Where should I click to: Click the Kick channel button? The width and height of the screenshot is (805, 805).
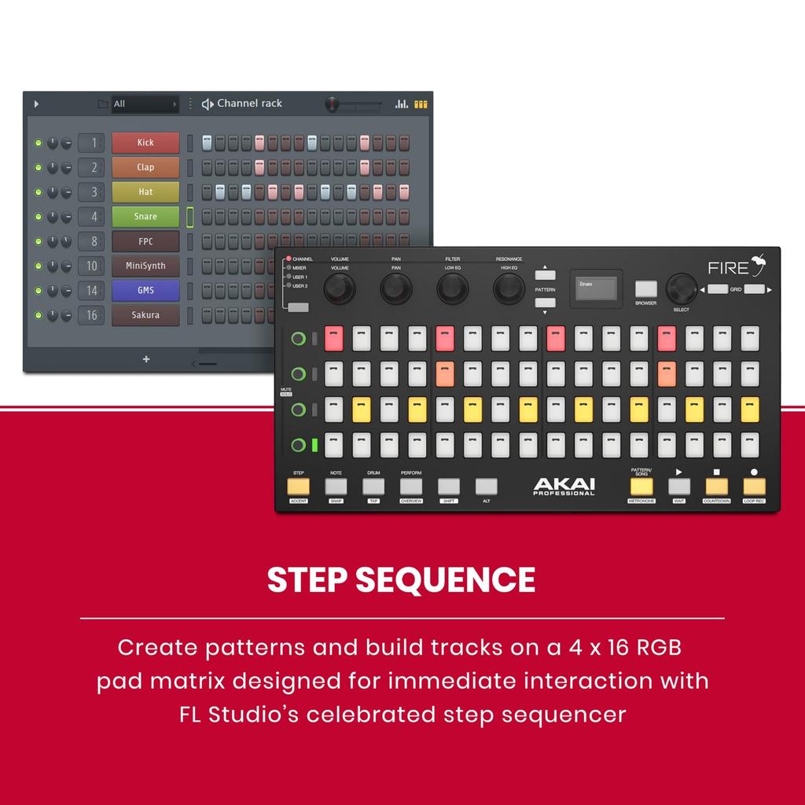coord(145,142)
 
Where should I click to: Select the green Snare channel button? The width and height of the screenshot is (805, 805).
coord(145,216)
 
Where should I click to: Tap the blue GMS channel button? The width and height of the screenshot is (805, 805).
coord(145,290)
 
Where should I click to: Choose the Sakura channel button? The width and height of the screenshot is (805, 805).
coord(145,315)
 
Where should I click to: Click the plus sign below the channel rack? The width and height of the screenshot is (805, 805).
coord(145,359)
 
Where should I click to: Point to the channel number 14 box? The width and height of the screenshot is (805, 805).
coord(91,291)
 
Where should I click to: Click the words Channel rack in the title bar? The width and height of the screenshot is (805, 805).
coord(249,103)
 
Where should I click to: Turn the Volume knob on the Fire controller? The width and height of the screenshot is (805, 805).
coord(340,289)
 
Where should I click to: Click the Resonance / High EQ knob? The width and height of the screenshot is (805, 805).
coord(509,289)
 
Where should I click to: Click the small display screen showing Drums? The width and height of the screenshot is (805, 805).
coord(596,288)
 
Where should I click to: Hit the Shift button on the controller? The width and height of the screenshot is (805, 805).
coord(448,486)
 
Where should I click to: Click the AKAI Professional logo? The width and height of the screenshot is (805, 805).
coord(564,487)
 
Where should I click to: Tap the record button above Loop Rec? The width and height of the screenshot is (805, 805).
coord(754,485)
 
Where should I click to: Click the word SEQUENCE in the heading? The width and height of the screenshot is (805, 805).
coord(445,579)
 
